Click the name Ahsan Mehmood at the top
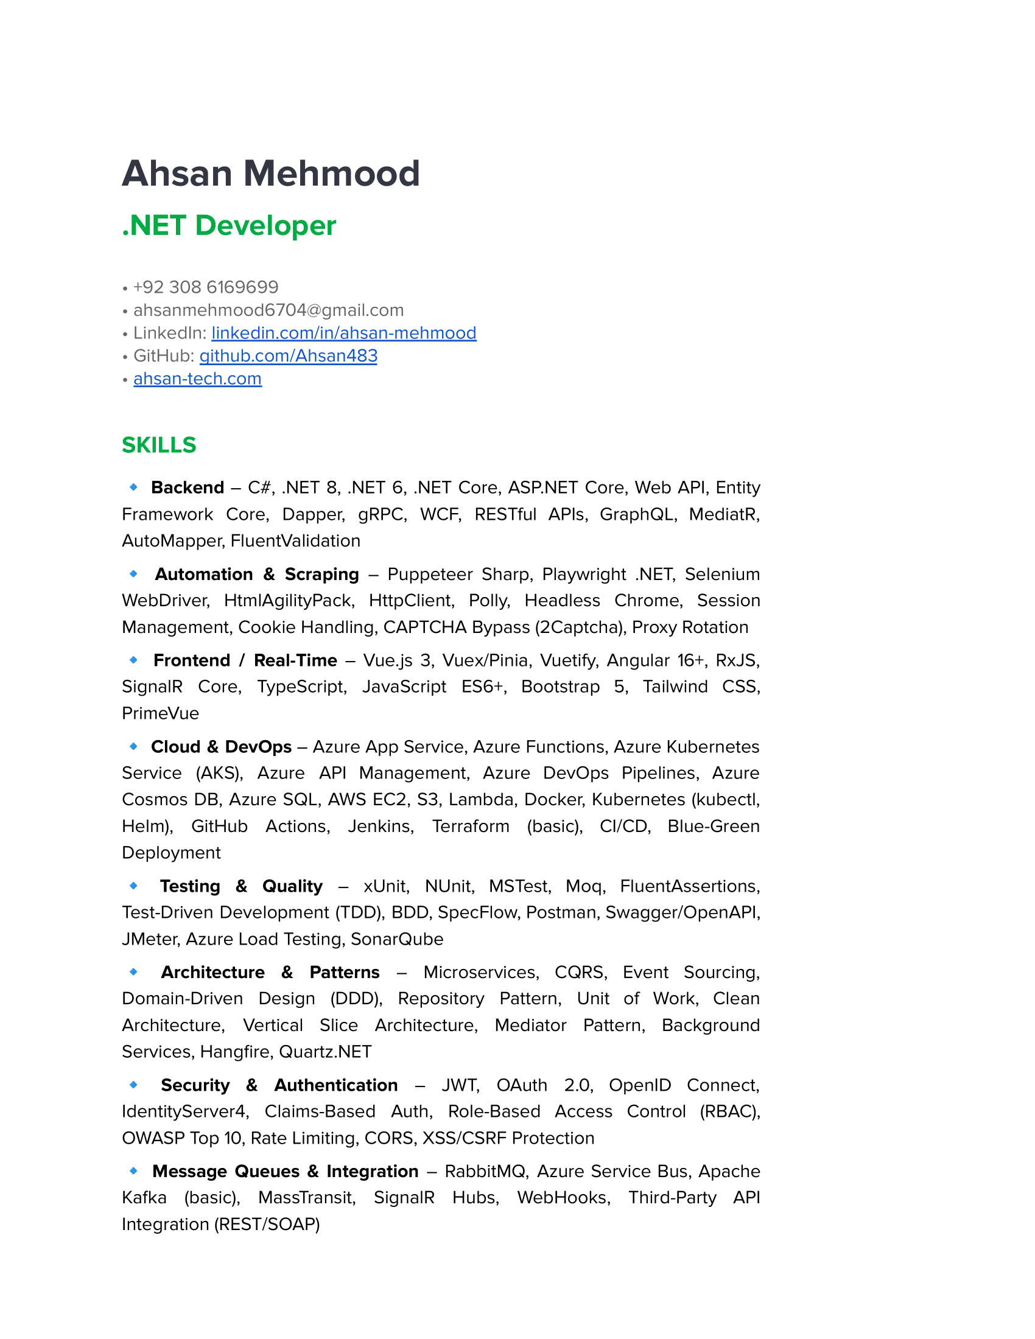pos(270,173)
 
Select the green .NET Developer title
pos(229,226)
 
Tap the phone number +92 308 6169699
pos(206,287)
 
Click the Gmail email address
pos(268,310)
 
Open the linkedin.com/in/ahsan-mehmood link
pos(343,333)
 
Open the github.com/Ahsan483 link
pos(288,356)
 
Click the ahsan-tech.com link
pos(197,379)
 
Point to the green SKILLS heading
pos(159,445)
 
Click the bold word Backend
pos(188,488)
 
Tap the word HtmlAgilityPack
pos(289,600)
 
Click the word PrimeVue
pos(161,713)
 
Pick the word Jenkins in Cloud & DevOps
pos(381,826)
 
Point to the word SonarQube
pos(397,939)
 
